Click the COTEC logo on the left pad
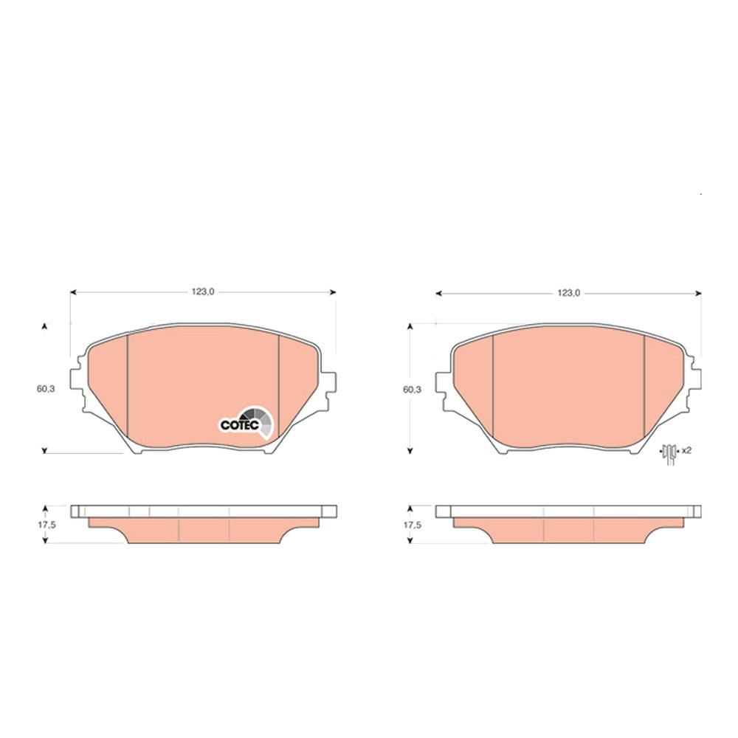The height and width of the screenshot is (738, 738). point(246,422)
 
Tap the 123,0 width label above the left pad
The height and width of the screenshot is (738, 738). point(203,292)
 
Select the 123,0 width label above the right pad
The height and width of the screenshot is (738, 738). point(568,293)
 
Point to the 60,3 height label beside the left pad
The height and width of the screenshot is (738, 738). point(46,389)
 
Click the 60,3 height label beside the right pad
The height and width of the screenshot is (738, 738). point(413,390)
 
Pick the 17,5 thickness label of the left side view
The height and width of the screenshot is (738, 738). point(46,525)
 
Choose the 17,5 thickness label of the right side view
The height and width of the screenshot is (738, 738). point(413,525)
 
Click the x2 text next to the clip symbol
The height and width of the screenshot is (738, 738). point(686,450)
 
